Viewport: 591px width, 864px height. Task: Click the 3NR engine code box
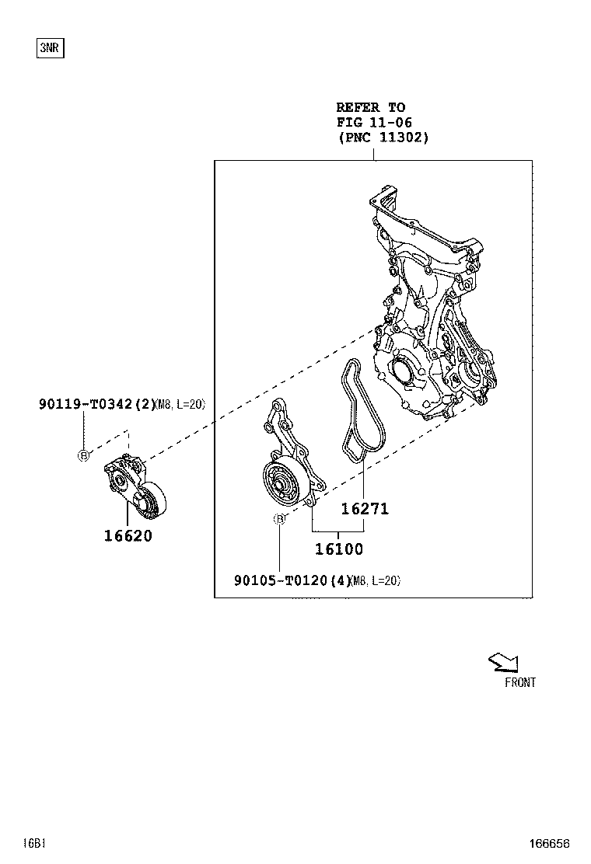point(50,48)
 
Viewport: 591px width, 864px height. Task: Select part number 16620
point(128,535)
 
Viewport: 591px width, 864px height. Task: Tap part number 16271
point(365,510)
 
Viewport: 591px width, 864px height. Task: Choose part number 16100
point(338,549)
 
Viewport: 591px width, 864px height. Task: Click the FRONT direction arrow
point(503,662)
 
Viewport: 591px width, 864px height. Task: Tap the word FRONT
point(519,682)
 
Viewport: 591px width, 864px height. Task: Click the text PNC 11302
point(383,138)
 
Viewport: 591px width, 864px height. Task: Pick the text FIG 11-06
point(373,123)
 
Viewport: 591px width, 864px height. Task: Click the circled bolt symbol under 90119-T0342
point(84,455)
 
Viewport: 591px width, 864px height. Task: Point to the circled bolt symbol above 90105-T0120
point(278,520)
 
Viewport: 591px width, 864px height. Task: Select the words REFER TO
point(370,108)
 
